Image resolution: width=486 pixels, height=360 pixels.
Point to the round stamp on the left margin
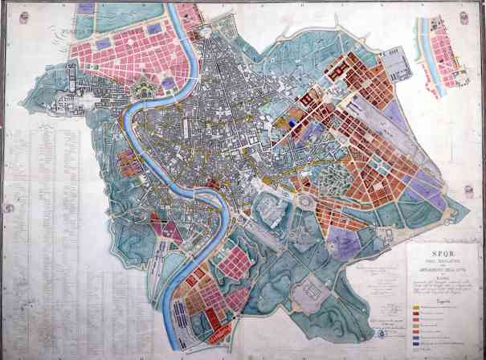pos(8,207)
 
